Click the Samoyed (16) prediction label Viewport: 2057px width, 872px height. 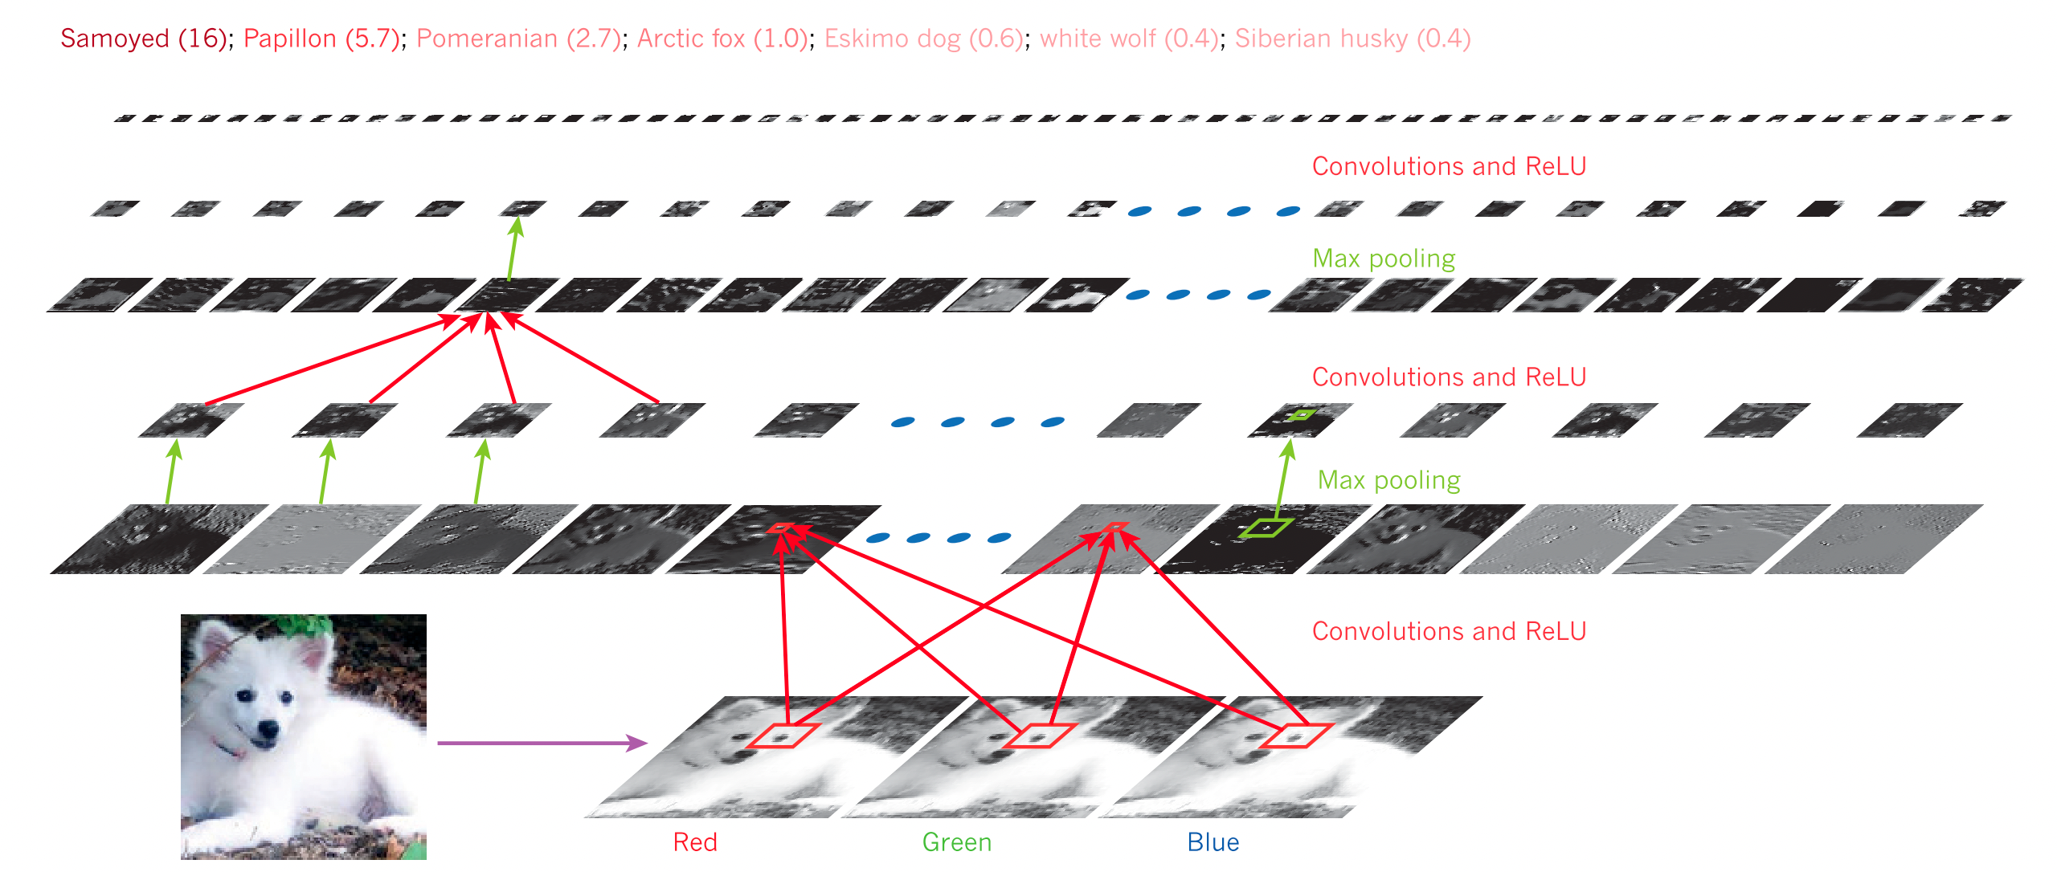pos(144,39)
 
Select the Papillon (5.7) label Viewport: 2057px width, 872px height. pos(321,39)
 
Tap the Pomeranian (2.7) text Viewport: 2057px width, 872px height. pos(518,39)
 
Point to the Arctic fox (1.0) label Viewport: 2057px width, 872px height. pos(722,39)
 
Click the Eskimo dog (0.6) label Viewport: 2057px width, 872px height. pos(924,39)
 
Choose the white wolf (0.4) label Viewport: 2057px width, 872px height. pos(1129,39)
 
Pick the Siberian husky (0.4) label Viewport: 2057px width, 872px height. pos(1352,39)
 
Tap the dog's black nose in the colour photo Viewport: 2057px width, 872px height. pos(266,730)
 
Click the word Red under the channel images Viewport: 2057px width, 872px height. pos(695,842)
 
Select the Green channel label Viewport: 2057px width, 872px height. pos(956,842)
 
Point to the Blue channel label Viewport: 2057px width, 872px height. pos(1213,842)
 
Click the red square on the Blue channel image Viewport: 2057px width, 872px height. pos(1296,735)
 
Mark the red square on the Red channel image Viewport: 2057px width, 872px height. pos(783,735)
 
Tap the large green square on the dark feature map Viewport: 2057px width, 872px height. pos(1266,528)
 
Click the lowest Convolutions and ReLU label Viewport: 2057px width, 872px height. pos(1449,631)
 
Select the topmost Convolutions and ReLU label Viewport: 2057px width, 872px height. pos(1449,166)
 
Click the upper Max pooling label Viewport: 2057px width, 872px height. pos(1384,259)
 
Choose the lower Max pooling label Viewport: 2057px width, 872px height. pos(1388,480)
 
